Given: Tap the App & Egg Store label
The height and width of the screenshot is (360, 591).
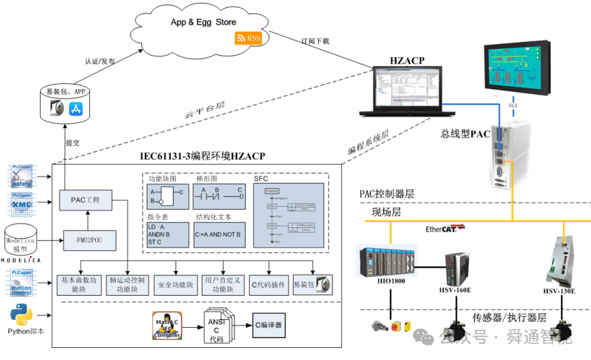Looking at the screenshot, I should click(x=203, y=22).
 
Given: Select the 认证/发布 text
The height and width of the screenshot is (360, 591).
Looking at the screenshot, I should click(x=100, y=61).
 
